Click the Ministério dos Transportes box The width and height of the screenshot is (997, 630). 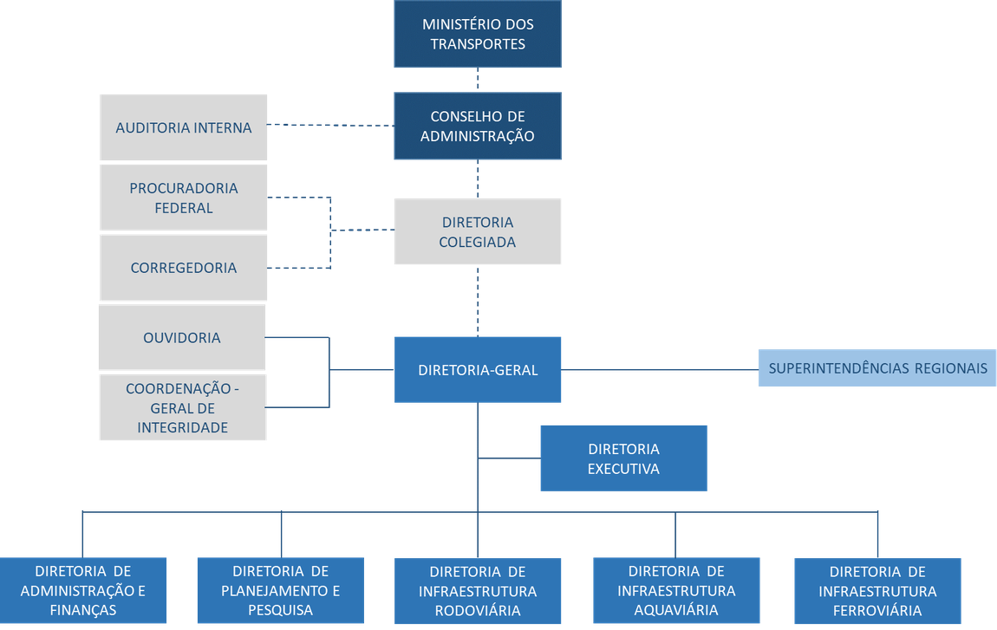point(478,34)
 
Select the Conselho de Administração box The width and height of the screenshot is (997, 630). point(478,127)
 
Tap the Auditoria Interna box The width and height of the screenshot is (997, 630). point(184,128)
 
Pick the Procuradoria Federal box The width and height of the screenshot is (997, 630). point(184,198)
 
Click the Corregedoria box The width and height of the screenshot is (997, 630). point(184,268)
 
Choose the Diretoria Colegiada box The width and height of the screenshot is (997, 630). point(478,231)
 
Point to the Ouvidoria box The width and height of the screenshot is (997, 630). point(182,337)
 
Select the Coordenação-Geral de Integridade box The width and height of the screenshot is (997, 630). point(182,407)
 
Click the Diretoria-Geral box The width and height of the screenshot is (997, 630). point(478,370)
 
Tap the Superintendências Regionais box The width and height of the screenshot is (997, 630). point(877,368)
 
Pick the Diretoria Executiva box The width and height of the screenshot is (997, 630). point(623,458)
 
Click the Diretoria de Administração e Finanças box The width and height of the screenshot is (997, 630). point(83,591)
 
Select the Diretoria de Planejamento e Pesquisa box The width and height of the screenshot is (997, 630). point(281,591)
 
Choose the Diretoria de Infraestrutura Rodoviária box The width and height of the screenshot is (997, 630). point(478,591)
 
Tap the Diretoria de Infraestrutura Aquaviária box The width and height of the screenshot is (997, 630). point(676,591)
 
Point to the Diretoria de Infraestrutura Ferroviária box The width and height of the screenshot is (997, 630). point(877,591)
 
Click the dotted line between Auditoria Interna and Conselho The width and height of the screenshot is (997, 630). point(330,125)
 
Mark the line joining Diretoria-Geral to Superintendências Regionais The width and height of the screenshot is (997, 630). point(660,370)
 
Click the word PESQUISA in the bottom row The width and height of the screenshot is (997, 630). point(281,610)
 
